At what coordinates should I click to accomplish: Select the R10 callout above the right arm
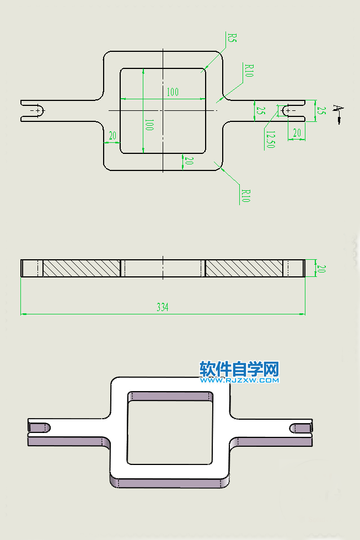[249, 71]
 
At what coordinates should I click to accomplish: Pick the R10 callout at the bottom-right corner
[246, 195]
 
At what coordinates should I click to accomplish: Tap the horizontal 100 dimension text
[173, 92]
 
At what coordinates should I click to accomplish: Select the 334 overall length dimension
[163, 307]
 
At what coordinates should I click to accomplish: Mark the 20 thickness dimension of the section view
[321, 269]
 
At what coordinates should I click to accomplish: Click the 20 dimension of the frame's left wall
[112, 136]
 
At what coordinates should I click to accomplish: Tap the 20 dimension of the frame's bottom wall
[189, 161]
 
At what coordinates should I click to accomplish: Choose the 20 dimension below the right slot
[297, 132]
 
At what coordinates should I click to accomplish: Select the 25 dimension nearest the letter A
[321, 110]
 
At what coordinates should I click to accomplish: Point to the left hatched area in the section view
[81, 268]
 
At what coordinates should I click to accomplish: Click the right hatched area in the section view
[243, 268]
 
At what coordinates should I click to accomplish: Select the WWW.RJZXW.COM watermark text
[239, 379]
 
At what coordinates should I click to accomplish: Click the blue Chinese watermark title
[239, 368]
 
